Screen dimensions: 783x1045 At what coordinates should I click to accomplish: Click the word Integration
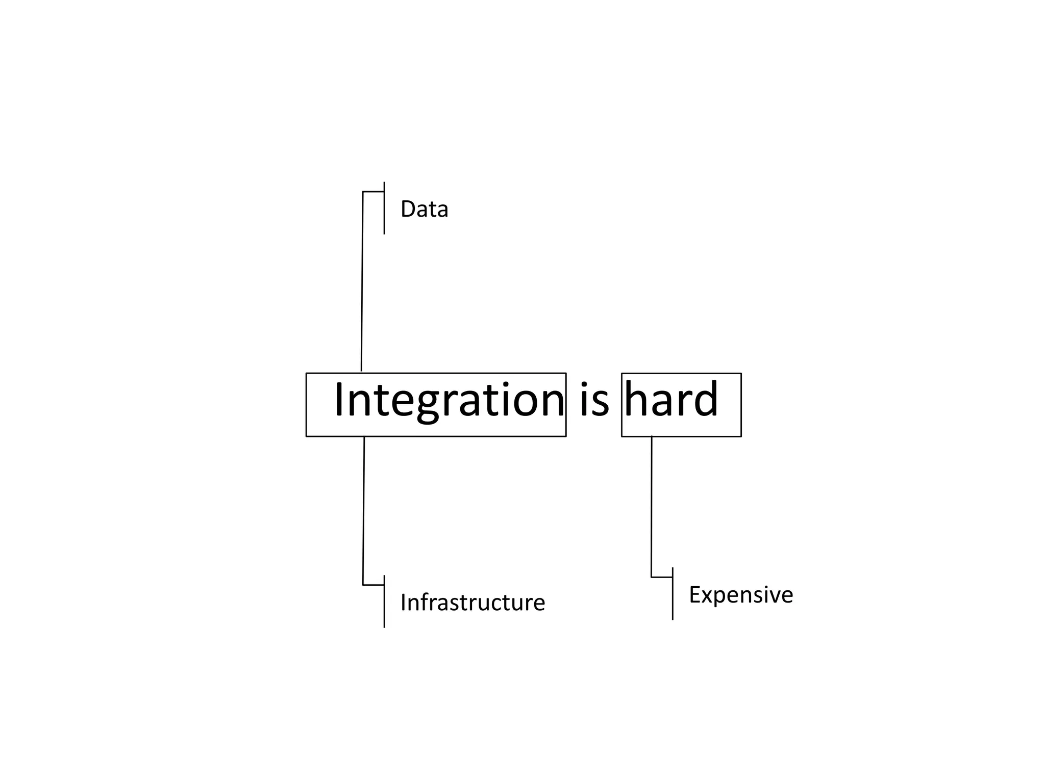tap(449, 401)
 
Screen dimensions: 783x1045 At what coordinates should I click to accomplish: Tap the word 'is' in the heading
tap(594, 401)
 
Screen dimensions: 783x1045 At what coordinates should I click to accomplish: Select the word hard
tap(671, 400)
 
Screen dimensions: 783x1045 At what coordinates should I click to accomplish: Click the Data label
tap(424, 210)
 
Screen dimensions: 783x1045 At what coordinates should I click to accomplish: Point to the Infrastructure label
tap(472, 603)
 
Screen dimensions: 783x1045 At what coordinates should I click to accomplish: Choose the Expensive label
tap(741, 595)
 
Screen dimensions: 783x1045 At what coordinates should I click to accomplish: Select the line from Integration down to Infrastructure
tap(364, 510)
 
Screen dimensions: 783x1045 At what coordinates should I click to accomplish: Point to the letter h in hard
tap(636, 400)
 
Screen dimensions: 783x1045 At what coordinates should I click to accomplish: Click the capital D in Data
tap(408, 210)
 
